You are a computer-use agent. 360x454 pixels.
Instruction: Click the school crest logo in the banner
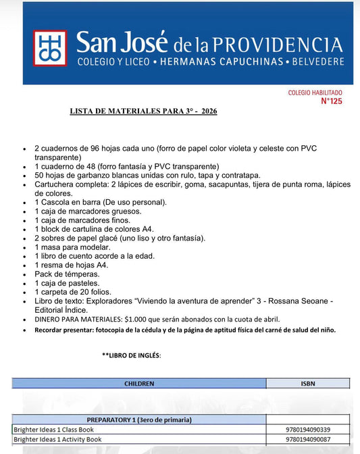50,48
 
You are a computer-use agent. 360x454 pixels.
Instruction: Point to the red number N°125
331,101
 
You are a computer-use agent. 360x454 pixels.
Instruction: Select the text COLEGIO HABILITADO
315,93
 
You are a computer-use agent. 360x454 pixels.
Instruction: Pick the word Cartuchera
55,184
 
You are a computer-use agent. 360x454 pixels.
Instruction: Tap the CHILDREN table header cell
139,383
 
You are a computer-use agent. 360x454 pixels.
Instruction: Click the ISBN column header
307,383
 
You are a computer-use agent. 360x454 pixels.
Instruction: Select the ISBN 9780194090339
308,429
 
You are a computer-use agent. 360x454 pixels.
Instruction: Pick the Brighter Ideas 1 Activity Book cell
57,438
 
